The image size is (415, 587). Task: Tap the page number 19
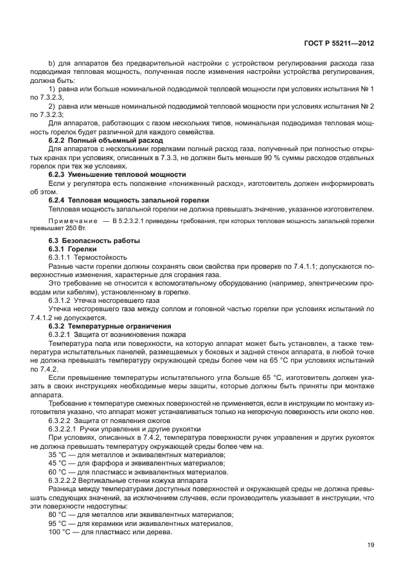click(370, 545)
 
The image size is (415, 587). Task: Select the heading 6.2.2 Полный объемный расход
click(106, 140)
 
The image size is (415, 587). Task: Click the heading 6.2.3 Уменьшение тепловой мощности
click(118, 174)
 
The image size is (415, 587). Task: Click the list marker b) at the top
click(52, 62)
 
